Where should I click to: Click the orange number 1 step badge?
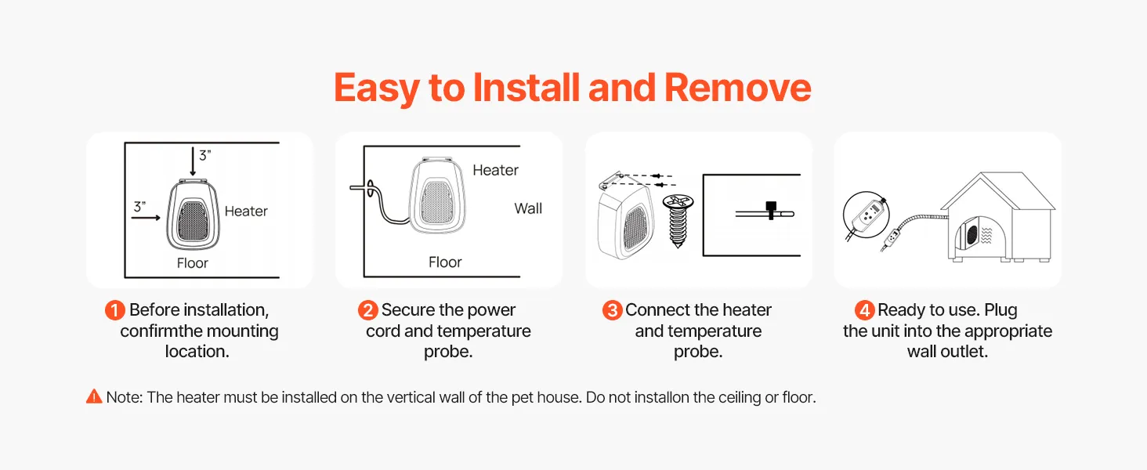tap(114, 310)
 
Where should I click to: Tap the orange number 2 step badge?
tap(367, 310)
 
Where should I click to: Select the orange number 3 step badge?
tap(613, 310)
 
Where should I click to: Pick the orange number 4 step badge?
tap(865, 310)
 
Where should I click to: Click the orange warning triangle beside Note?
tap(94, 396)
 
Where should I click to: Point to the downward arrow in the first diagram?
tap(193, 161)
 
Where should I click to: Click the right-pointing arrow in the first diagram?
tap(146, 218)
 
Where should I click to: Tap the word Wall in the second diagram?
tap(528, 208)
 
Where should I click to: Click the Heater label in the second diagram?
tap(495, 170)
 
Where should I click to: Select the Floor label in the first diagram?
tap(193, 263)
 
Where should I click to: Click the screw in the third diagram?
tap(678, 221)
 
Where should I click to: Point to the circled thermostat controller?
tap(867, 215)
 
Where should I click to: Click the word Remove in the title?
tap(737, 88)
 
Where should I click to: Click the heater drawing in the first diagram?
tap(193, 214)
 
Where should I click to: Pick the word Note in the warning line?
tap(125, 397)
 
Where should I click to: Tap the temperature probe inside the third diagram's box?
tap(765, 212)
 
